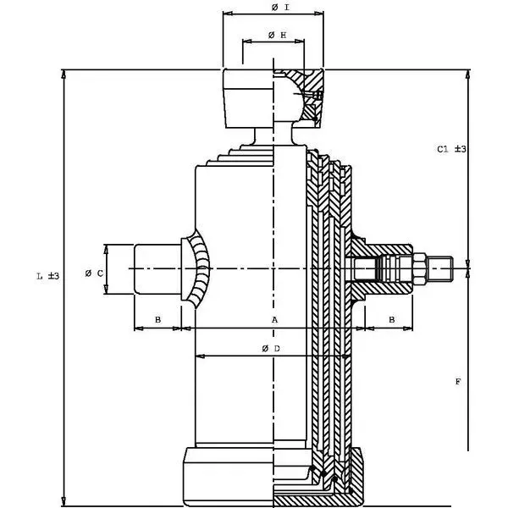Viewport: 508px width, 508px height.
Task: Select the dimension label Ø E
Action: pyautogui.click(x=275, y=35)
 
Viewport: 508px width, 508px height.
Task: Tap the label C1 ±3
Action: pyautogui.click(x=452, y=149)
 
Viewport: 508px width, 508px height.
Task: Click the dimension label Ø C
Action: pyautogui.click(x=95, y=273)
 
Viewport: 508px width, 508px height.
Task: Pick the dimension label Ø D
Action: pyautogui.click(x=271, y=349)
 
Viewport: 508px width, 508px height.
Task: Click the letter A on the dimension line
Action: pyautogui.click(x=274, y=320)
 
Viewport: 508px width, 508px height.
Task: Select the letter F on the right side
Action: pyautogui.click(x=457, y=383)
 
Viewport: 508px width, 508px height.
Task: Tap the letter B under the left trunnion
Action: pyautogui.click(x=158, y=320)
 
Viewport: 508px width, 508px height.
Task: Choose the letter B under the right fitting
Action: pyautogui.click(x=391, y=320)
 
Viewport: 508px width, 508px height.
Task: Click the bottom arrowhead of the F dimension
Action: pyautogui.click(x=468, y=445)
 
